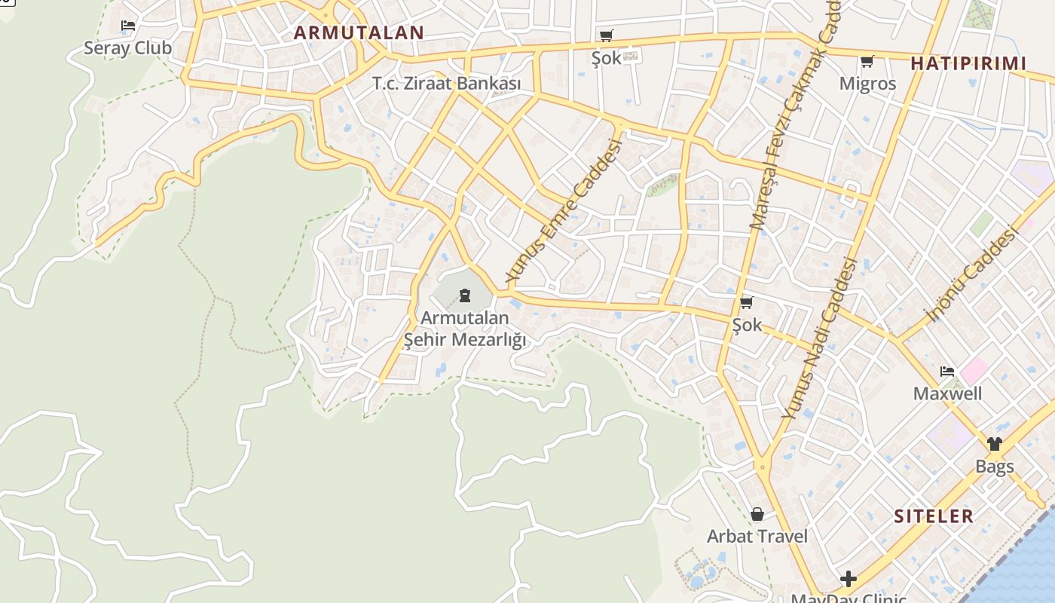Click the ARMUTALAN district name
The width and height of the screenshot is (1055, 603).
click(x=359, y=32)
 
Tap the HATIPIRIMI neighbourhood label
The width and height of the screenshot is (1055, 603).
click(x=968, y=63)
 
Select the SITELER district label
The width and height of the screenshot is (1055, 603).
click(x=934, y=516)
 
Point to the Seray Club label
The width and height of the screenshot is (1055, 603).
click(x=127, y=48)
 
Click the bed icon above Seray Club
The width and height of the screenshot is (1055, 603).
click(x=128, y=26)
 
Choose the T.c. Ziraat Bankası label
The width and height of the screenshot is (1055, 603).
click(x=446, y=84)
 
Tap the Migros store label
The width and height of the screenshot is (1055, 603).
click(x=867, y=83)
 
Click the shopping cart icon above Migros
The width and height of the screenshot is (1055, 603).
click(x=867, y=61)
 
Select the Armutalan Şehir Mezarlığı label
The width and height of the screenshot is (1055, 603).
click(x=465, y=329)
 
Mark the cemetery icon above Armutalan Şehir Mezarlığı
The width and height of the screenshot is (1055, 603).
click(x=465, y=295)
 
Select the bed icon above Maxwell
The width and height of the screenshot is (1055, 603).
click(x=947, y=372)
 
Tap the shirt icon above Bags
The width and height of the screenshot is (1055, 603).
click(x=995, y=444)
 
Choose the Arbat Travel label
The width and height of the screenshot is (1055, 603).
click(x=757, y=537)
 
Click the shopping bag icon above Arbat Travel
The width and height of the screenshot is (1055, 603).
click(x=757, y=514)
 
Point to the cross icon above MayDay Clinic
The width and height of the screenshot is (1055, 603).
click(x=849, y=579)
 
